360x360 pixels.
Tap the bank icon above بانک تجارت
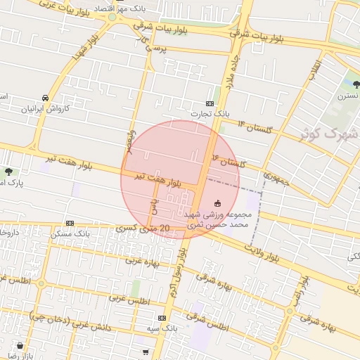[x=210, y=103]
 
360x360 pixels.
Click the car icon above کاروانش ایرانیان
[x=46, y=98]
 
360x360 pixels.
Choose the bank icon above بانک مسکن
[x=70, y=223]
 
